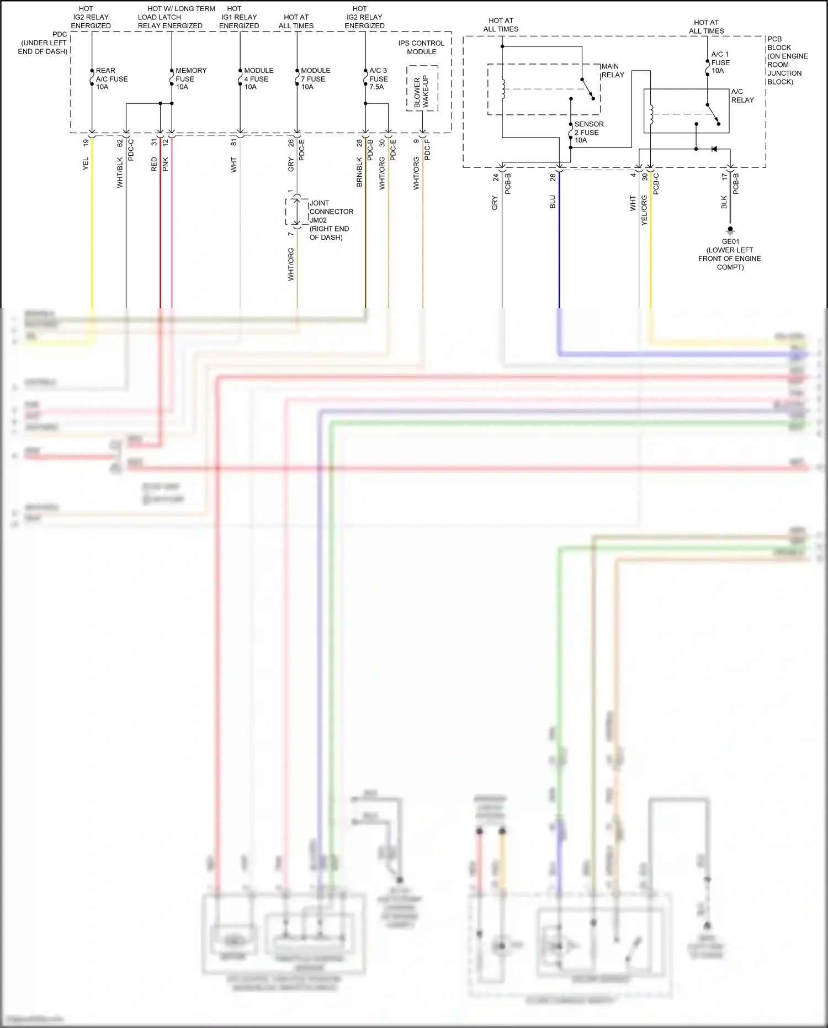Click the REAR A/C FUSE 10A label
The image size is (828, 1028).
[112, 78]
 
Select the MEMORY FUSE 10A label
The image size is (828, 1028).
[190, 78]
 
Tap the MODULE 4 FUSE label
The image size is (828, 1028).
[258, 78]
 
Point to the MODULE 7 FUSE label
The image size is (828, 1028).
[315, 78]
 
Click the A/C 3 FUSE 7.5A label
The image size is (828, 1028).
[378, 78]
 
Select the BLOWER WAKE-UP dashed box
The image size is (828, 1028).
[422, 88]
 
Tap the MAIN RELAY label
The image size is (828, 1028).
[613, 71]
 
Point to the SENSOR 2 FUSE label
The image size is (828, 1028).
[588, 132]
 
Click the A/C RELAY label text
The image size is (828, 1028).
[742, 96]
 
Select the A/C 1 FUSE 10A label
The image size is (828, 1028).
[720, 62]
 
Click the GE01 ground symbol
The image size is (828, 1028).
[730, 230]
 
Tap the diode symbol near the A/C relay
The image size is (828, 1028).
[714, 149]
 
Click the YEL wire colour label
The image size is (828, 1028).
[86, 164]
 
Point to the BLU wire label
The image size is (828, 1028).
[553, 202]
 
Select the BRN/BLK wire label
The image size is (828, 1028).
[359, 172]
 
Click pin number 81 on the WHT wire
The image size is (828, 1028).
[234, 143]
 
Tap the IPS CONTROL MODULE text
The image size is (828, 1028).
[421, 47]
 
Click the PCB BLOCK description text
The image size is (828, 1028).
[787, 60]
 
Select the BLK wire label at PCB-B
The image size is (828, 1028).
[724, 202]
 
